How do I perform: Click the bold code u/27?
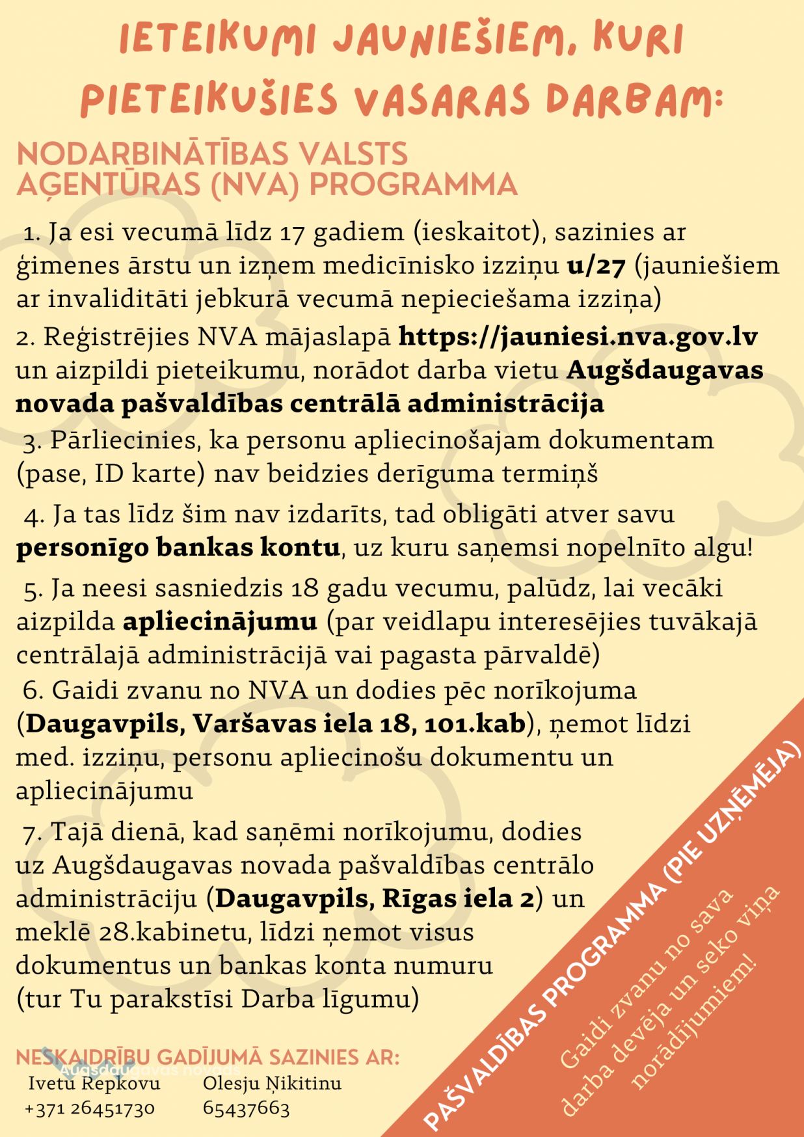click(596, 265)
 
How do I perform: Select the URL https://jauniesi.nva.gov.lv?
click(578, 336)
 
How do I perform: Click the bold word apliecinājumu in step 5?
click(220, 621)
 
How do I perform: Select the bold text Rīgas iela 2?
click(458, 898)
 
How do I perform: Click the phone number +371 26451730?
click(89, 1108)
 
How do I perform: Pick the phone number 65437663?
click(246, 1108)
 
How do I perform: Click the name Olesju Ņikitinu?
click(272, 1083)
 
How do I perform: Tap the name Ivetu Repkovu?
click(94, 1083)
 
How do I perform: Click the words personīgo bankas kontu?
click(178, 547)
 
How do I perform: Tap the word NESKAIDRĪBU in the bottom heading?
click(82, 1057)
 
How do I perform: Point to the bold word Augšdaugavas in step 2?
click(665, 369)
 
